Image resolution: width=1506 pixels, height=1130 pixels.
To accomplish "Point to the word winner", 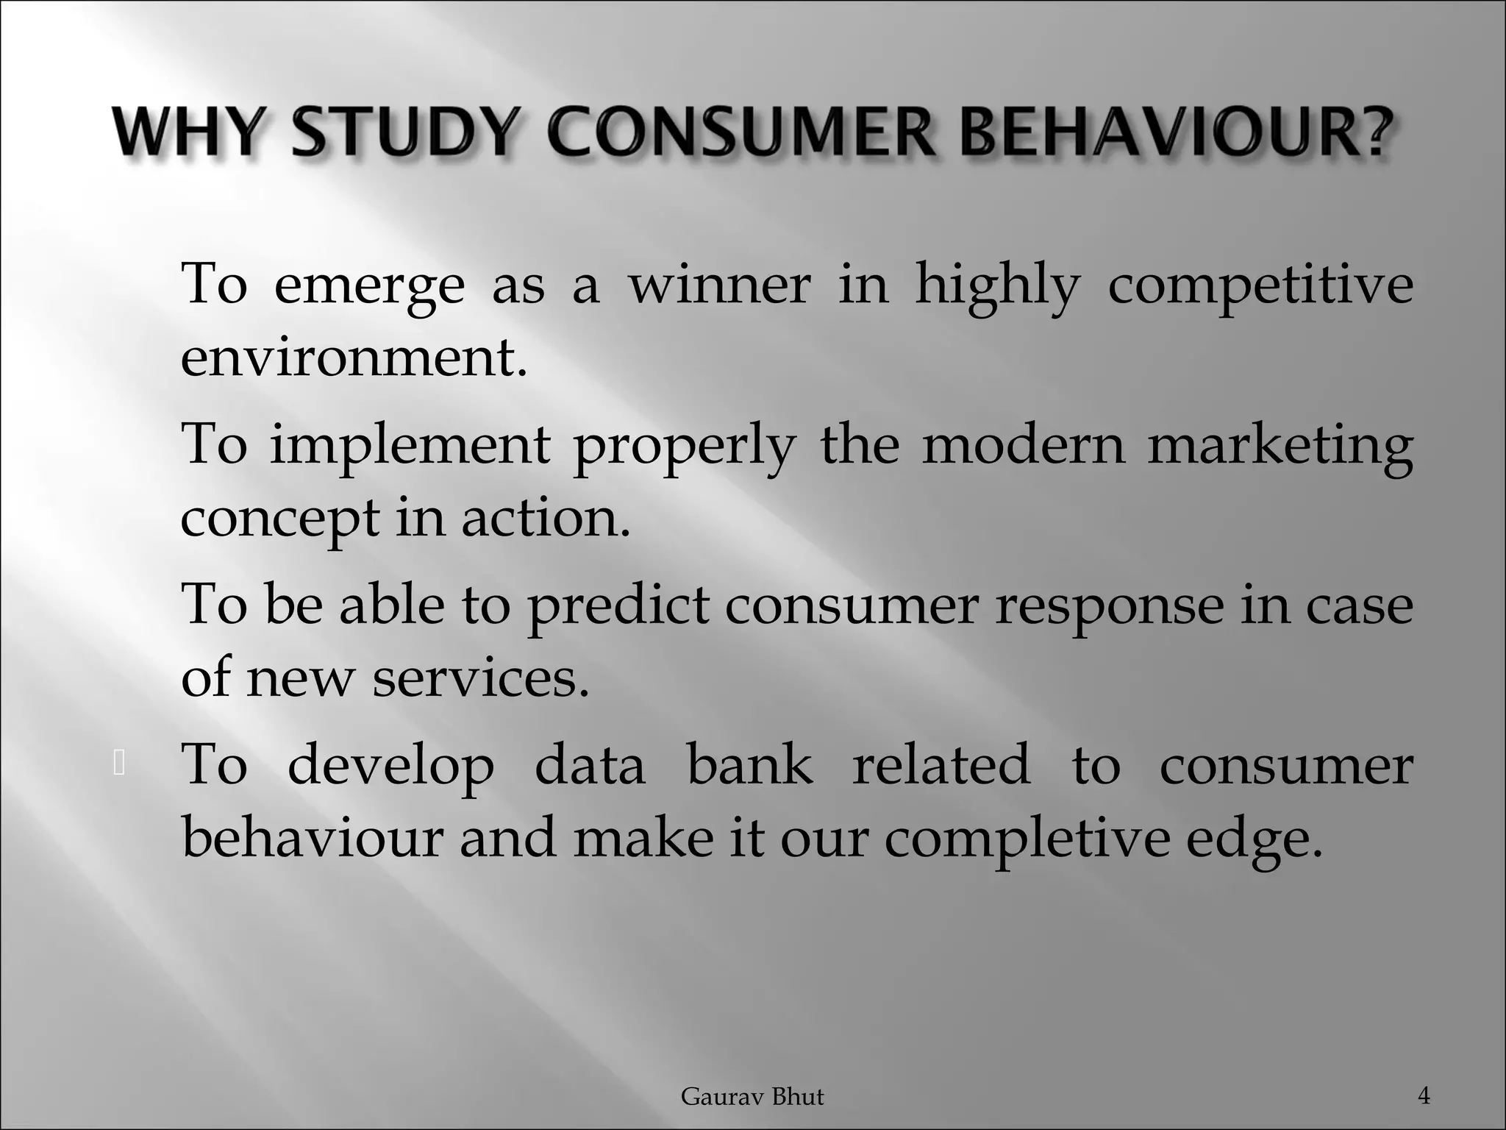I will (719, 285).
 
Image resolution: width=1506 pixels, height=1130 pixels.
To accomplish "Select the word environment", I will (354, 358).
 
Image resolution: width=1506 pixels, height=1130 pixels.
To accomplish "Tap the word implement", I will (410, 447).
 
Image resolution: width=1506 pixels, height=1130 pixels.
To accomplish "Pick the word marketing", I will (1280, 447).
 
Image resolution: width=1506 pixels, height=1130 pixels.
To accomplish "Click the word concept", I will (279, 519).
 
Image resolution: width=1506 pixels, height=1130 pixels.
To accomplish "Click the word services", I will (481, 678).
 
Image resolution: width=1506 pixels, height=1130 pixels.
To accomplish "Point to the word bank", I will (749, 765).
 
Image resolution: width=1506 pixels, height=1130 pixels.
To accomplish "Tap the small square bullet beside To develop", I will (120, 764).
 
